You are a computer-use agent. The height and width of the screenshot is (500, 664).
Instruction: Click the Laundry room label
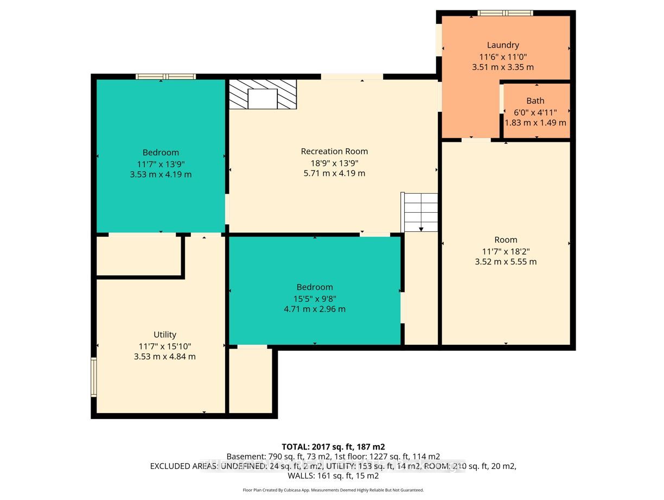click(503, 45)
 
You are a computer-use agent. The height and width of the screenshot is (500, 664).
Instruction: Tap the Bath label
click(535, 101)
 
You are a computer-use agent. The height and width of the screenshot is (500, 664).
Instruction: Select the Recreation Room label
click(334, 151)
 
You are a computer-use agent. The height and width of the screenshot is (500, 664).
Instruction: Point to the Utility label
click(164, 335)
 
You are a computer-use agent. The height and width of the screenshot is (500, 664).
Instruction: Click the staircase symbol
click(419, 212)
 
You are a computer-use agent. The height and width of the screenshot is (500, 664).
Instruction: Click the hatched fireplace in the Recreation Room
click(263, 94)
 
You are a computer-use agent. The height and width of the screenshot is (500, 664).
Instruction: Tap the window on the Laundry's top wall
click(505, 13)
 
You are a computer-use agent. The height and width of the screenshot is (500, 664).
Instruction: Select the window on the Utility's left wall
click(94, 377)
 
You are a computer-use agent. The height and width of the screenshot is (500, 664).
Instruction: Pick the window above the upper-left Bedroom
click(165, 77)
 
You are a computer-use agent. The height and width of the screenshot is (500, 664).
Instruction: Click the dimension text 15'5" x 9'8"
click(315, 299)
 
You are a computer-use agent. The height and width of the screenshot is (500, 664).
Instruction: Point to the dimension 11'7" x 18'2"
click(506, 251)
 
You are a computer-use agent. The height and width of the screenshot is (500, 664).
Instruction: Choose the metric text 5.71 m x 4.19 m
click(334, 173)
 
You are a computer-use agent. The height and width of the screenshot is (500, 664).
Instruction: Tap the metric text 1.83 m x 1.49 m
click(535, 123)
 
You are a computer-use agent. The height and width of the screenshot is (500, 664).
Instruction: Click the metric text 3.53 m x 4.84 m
click(164, 357)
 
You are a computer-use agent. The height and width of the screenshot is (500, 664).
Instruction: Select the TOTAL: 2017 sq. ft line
click(333, 447)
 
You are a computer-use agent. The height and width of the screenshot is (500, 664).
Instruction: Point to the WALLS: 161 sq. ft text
click(333, 476)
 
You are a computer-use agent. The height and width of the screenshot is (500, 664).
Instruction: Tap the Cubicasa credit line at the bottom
click(333, 490)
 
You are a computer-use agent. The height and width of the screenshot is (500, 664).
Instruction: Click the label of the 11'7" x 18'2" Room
click(506, 240)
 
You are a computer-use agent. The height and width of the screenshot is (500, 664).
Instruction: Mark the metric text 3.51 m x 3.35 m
click(503, 67)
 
